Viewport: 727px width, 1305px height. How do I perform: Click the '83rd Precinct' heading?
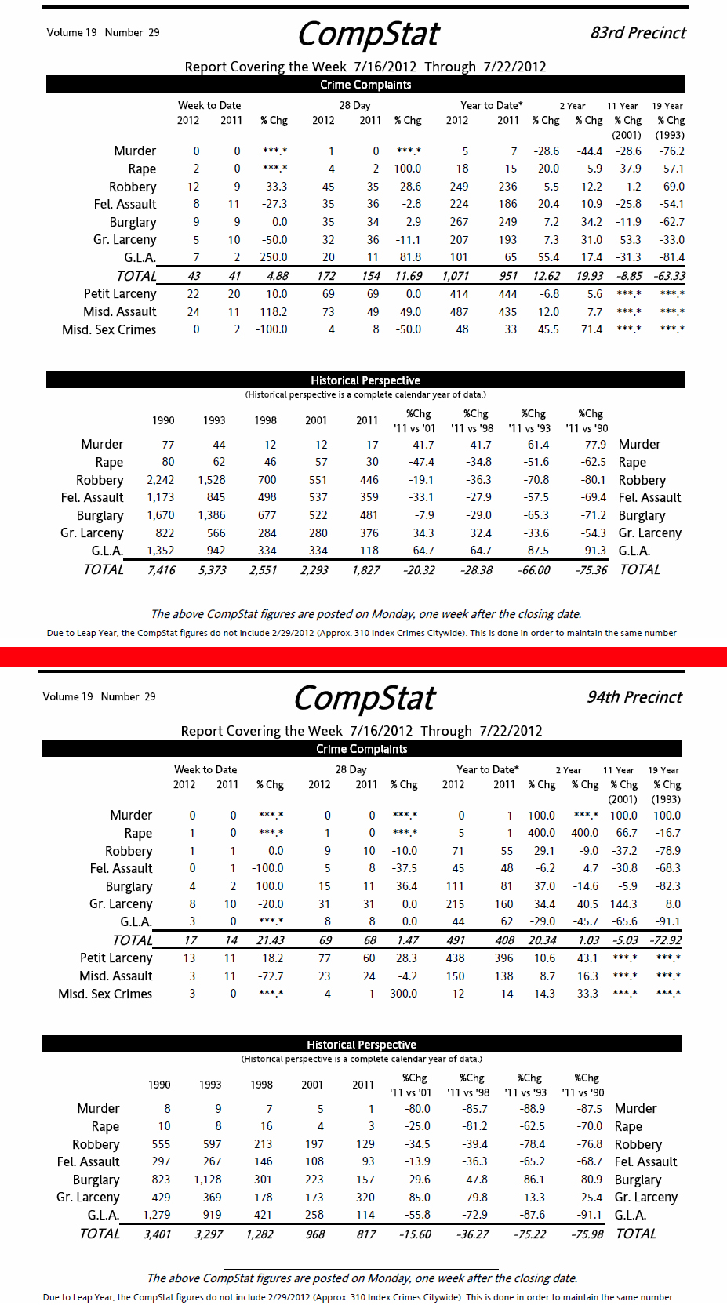[x=638, y=33]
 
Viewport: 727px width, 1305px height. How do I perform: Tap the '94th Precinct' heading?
[x=634, y=697]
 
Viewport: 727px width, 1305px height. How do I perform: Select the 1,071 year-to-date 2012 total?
[x=455, y=276]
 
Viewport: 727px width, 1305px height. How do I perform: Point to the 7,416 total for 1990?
[x=161, y=570]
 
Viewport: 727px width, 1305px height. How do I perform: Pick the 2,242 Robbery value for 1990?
[x=161, y=480]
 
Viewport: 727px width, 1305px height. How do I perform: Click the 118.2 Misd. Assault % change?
[x=273, y=312]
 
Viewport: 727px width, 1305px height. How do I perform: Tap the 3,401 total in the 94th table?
[x=157, y=1234]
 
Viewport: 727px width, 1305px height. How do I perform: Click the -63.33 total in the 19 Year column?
[x=669, y=276]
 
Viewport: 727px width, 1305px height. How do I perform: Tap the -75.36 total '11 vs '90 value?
[x=591, y=570]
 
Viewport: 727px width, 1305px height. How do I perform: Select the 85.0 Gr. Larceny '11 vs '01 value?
[x=419, y=1198]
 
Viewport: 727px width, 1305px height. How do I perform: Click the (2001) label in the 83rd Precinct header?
[x=626, y=135]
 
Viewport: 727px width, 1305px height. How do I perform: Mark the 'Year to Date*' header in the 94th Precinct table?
[x=487, y=770]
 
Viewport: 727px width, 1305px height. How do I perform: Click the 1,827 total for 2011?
[x=365, y=570]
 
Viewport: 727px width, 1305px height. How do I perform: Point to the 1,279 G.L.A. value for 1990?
[x=157, y=1215]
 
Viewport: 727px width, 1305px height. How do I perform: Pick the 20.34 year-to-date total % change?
[x=542, y=940]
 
